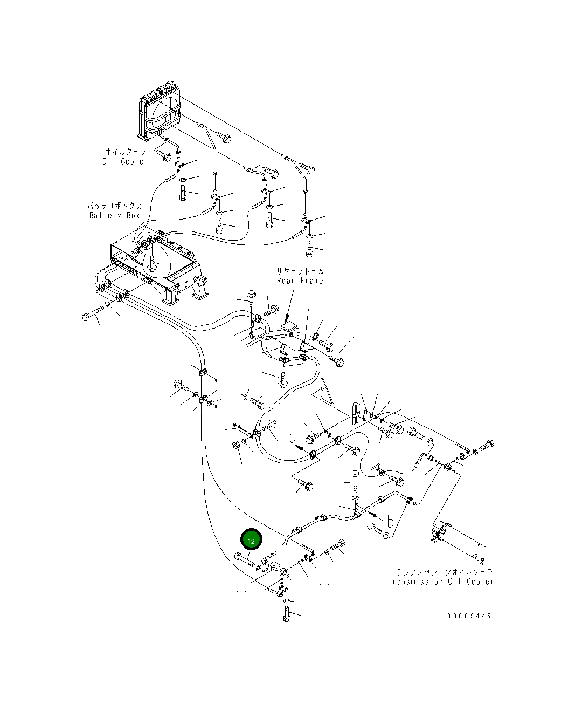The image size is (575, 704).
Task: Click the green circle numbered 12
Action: (251, 539)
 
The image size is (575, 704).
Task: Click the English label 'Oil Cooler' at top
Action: (125, 161)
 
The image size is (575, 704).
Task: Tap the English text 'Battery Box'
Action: (115, 216)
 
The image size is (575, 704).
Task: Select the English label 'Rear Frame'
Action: (300, 281)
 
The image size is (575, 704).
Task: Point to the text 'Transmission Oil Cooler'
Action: (441, 582)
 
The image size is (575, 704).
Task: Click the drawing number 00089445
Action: (469, 616)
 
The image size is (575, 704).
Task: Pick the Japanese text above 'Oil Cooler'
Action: (126, 152)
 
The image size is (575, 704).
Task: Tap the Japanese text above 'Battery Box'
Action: (115, 206)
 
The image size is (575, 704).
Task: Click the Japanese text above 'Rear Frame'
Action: (300, 271)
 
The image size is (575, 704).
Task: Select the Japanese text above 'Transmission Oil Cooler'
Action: (441, 572)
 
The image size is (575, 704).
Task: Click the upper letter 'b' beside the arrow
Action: (293, 438)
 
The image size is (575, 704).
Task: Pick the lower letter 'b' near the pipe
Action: (390, 521)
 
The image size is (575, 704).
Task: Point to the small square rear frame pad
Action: (289, 327)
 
